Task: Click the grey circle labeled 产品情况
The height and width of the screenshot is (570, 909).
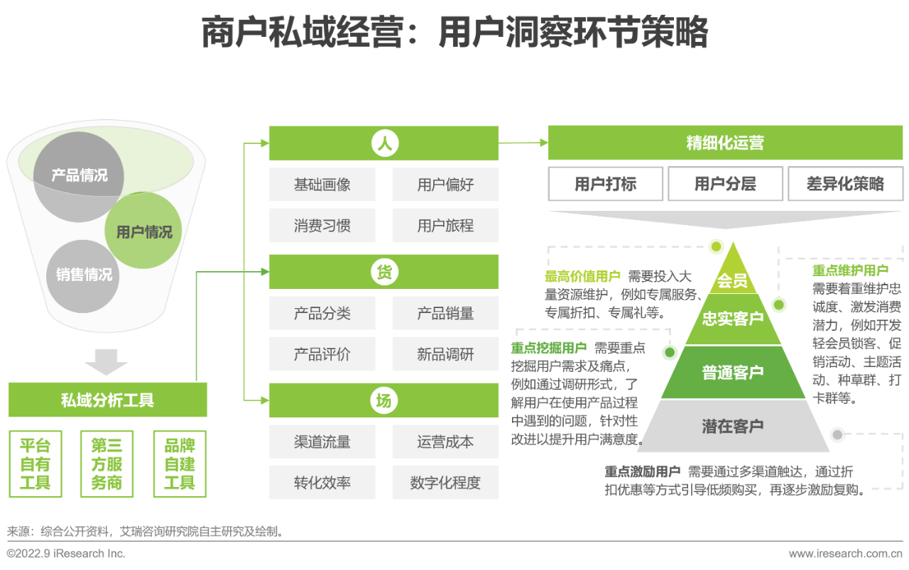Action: [79, 175]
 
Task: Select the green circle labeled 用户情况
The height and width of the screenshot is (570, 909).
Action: [143, 231]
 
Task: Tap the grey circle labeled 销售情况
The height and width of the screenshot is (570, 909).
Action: [84, 275]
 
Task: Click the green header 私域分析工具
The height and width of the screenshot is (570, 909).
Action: [108, 400]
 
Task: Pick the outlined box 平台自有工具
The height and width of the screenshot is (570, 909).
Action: [36, 464]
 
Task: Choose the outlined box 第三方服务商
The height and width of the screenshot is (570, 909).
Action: [107, 464]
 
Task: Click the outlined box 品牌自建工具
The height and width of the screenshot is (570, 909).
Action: [180, 464]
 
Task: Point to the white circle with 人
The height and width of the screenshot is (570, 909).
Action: [384, 143]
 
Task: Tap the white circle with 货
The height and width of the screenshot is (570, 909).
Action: [384, 273]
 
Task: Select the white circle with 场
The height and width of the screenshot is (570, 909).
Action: [384, 401]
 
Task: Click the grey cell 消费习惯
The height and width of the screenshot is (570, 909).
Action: [322, 226]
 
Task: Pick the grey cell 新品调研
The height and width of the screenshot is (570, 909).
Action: [445, 354]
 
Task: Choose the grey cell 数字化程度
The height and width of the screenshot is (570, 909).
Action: [445, 483]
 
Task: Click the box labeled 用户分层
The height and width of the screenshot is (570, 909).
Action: [725, 184]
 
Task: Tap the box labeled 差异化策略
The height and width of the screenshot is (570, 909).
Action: [845, 184]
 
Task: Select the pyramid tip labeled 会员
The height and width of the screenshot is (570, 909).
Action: [732, 280]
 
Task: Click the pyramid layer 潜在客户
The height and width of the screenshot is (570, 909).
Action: [732, 426]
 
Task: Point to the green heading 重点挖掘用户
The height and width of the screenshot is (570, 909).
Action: [549, 348]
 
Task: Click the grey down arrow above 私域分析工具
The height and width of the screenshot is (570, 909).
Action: [107, 362]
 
